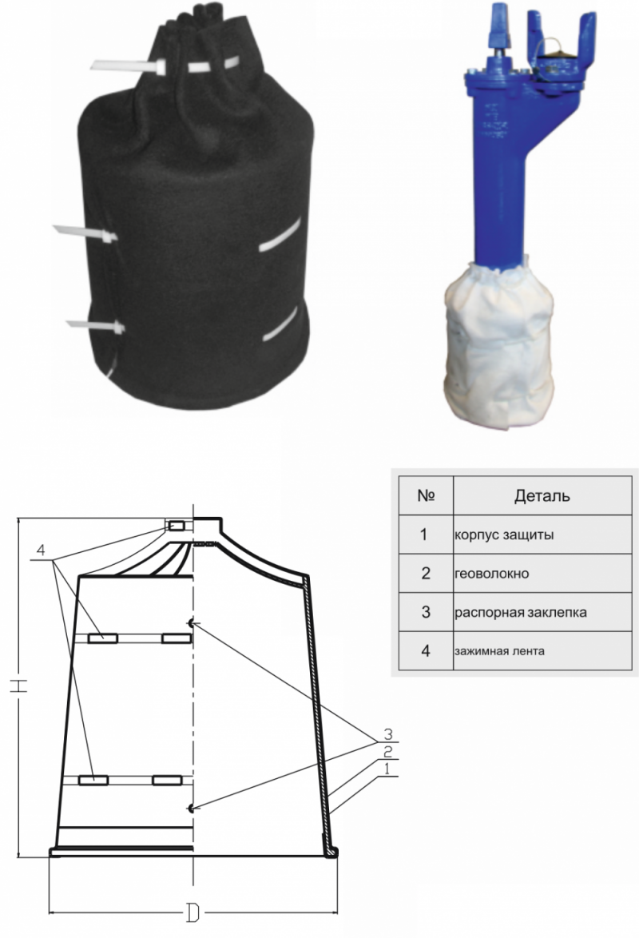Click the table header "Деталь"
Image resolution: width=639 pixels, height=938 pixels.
[x=542, y=495]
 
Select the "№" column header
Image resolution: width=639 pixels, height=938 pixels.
[x=426, y=495]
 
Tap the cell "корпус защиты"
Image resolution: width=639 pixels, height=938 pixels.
[x=504, y=535]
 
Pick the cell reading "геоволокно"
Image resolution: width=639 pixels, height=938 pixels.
[x=492, y=574]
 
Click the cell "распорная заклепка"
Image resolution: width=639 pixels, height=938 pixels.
[x=521, y=613]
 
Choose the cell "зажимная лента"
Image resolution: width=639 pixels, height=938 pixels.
[x=499, y=651]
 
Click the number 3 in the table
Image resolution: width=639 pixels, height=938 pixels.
[x=426, y=612]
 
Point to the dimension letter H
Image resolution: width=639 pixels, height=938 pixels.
[x=20, y=687]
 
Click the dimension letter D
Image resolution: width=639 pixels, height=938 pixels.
[x=192, y=912]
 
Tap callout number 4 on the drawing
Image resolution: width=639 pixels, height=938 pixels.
[x=41, y=550]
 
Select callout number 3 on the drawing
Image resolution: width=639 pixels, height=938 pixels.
[x=387, y=733]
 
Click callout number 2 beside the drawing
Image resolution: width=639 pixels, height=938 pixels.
[x=387, y=752]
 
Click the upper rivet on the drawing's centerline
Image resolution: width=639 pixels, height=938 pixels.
[x=191, y=623]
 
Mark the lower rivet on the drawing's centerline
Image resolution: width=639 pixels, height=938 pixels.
[x=191, y=809]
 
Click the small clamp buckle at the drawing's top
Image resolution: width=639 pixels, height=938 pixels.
[x=177, y=526]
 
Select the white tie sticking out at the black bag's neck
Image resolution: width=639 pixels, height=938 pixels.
[x=128, y=66]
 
